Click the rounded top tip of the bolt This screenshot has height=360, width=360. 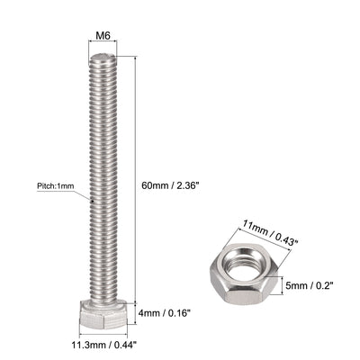pos(103,58)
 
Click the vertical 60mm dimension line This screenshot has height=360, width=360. pos(136,180)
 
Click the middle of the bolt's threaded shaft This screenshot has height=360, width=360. pos(103,180)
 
